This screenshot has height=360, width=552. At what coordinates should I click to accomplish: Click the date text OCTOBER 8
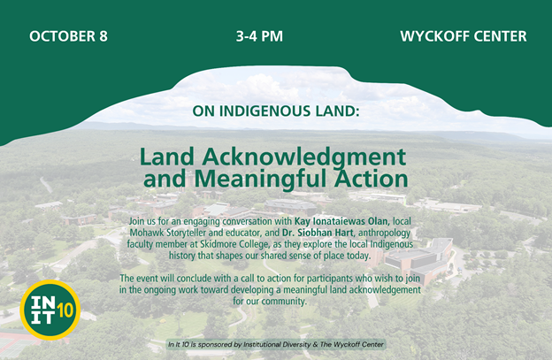coord(68,36)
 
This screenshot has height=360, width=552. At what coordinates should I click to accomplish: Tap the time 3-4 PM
coord(259,36)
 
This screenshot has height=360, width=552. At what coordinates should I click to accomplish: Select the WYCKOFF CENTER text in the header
coord(464,36)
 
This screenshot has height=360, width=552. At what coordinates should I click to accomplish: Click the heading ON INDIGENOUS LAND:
coord(276,111)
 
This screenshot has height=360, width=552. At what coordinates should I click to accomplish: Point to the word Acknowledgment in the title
coord(304,157)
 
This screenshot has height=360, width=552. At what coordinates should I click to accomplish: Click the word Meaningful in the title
coord(262,179)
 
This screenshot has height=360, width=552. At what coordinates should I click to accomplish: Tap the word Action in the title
coord(371,179)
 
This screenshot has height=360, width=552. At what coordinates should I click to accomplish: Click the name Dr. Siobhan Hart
coord(318,233)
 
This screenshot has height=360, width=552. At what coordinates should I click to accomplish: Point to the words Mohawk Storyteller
coord(172,233)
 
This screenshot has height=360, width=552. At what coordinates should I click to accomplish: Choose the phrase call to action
coord(266,279)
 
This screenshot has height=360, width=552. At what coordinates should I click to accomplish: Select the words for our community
coord(270,302)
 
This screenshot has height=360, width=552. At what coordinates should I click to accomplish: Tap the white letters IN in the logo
coord(42,302)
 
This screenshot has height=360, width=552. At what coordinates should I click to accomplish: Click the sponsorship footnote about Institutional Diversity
coord(276,344)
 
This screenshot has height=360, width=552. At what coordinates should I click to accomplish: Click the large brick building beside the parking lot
coord(419,260)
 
